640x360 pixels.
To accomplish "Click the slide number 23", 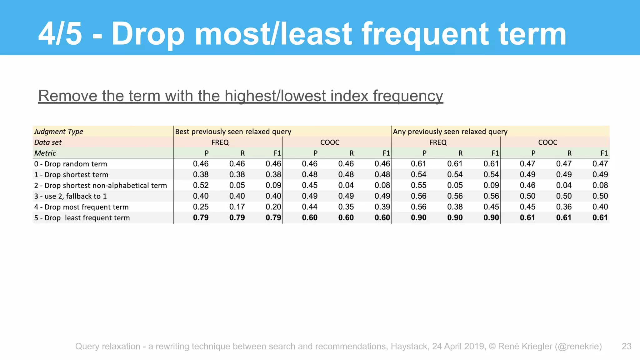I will (626, 346).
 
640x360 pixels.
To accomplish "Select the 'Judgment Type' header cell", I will (58, 132).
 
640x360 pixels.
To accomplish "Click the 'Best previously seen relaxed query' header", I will (233, 132).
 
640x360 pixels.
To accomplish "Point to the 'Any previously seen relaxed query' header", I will (450, 132).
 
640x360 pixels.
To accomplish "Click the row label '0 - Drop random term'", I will (71, 164).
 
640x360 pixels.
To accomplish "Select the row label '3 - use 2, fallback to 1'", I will (71, 196).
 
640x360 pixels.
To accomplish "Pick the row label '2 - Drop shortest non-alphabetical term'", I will (101, 186).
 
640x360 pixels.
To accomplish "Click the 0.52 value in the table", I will (201, 185).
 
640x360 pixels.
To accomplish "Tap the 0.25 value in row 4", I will (201, 207).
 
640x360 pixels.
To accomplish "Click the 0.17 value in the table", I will (237, 207).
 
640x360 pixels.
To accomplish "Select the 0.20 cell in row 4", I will (273, 207).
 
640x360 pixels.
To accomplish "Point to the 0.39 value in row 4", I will (382, 207).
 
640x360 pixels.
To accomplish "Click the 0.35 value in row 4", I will (346, 207).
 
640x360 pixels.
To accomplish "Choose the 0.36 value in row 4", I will (564, 207).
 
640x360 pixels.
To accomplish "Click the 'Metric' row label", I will (45, 153).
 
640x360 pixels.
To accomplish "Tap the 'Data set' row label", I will (48, 142).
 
